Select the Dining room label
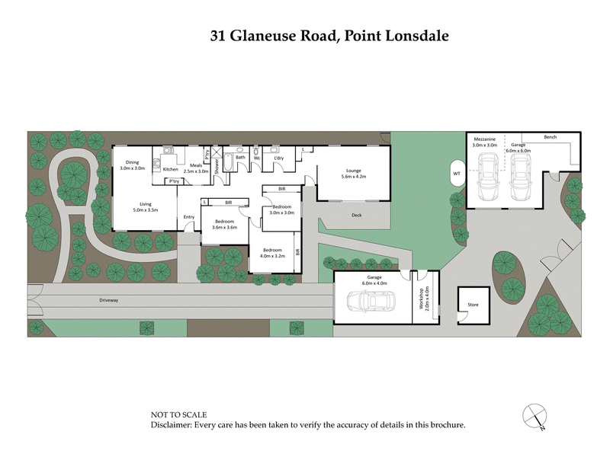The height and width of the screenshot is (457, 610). [133, 165]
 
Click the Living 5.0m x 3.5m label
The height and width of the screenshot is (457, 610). [143, 206]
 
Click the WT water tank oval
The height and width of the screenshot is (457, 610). [457, 173]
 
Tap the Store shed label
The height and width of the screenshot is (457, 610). [473, 305]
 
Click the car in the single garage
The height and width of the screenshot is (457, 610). [371, 301]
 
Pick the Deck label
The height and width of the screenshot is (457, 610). [356, 216]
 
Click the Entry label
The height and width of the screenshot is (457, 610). [189, 217]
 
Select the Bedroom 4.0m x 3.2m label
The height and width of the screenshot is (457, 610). [272, 253]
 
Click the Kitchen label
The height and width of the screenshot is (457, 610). [170, 169]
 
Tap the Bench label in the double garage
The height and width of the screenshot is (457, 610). [550, 137]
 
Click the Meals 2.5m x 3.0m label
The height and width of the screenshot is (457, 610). [196, 169]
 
